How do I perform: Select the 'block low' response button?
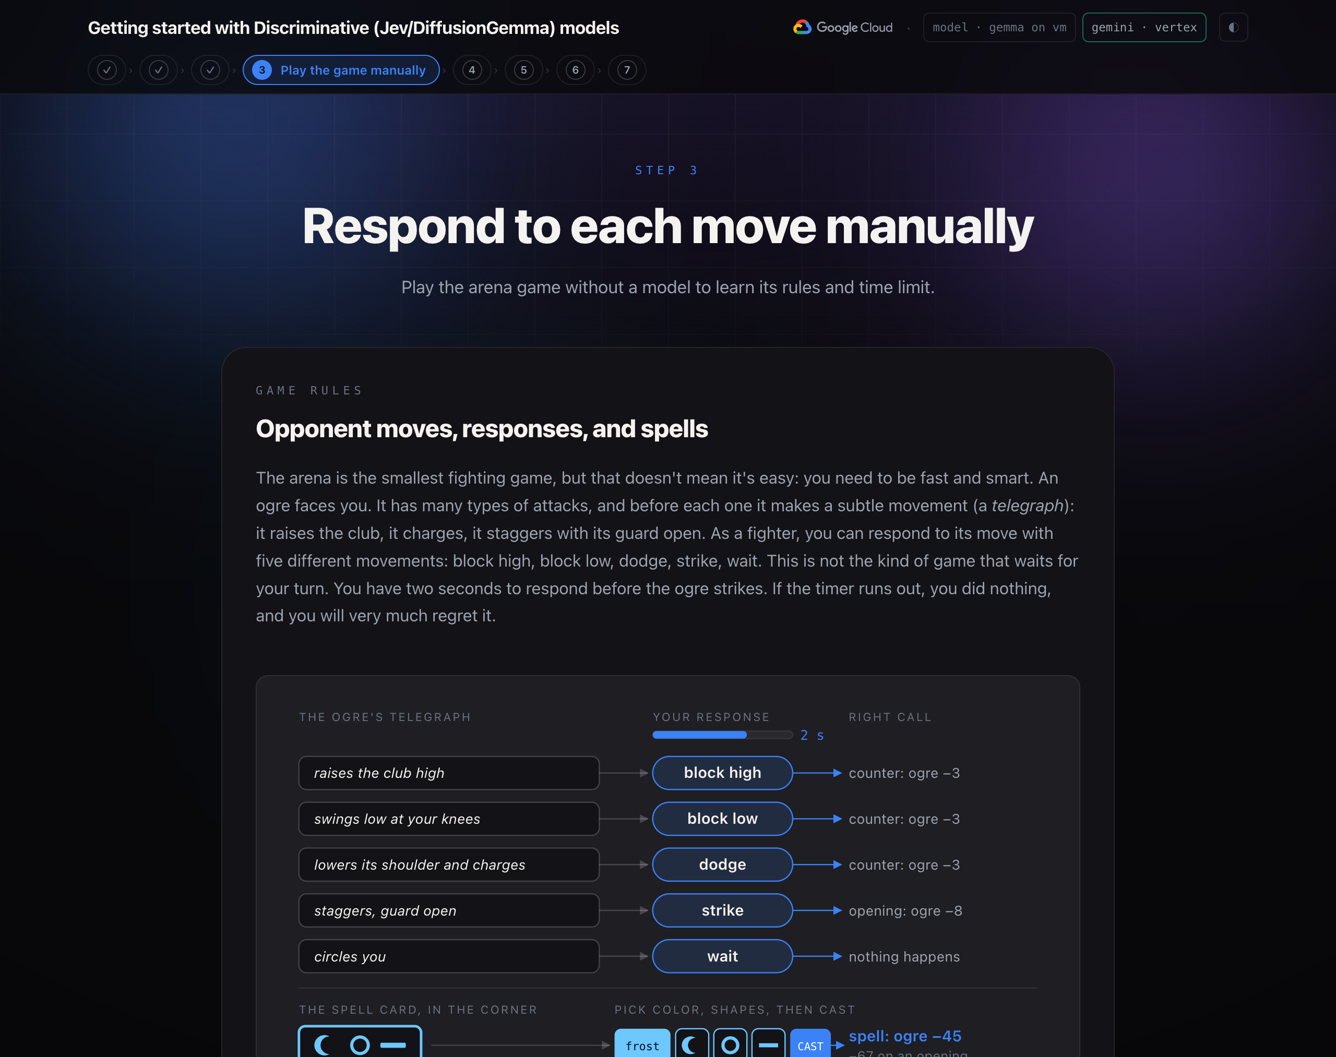click(722, 818)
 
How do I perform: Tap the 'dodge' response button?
click(722, 864)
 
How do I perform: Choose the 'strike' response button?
click(722, 910)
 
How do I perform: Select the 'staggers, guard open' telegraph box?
click(449, 910)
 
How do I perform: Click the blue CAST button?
click(810, 1044)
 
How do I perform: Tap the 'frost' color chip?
click(642, 1044)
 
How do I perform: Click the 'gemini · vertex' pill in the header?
click(1143, 27)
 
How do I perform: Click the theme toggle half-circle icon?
click(1233, 27)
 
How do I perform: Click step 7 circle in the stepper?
click(627, 70)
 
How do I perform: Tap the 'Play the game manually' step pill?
click(341, 70)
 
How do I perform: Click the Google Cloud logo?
click(843, 27)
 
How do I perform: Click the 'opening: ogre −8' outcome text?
click(905, 910)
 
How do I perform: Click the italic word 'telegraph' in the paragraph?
click(1027, 506)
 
